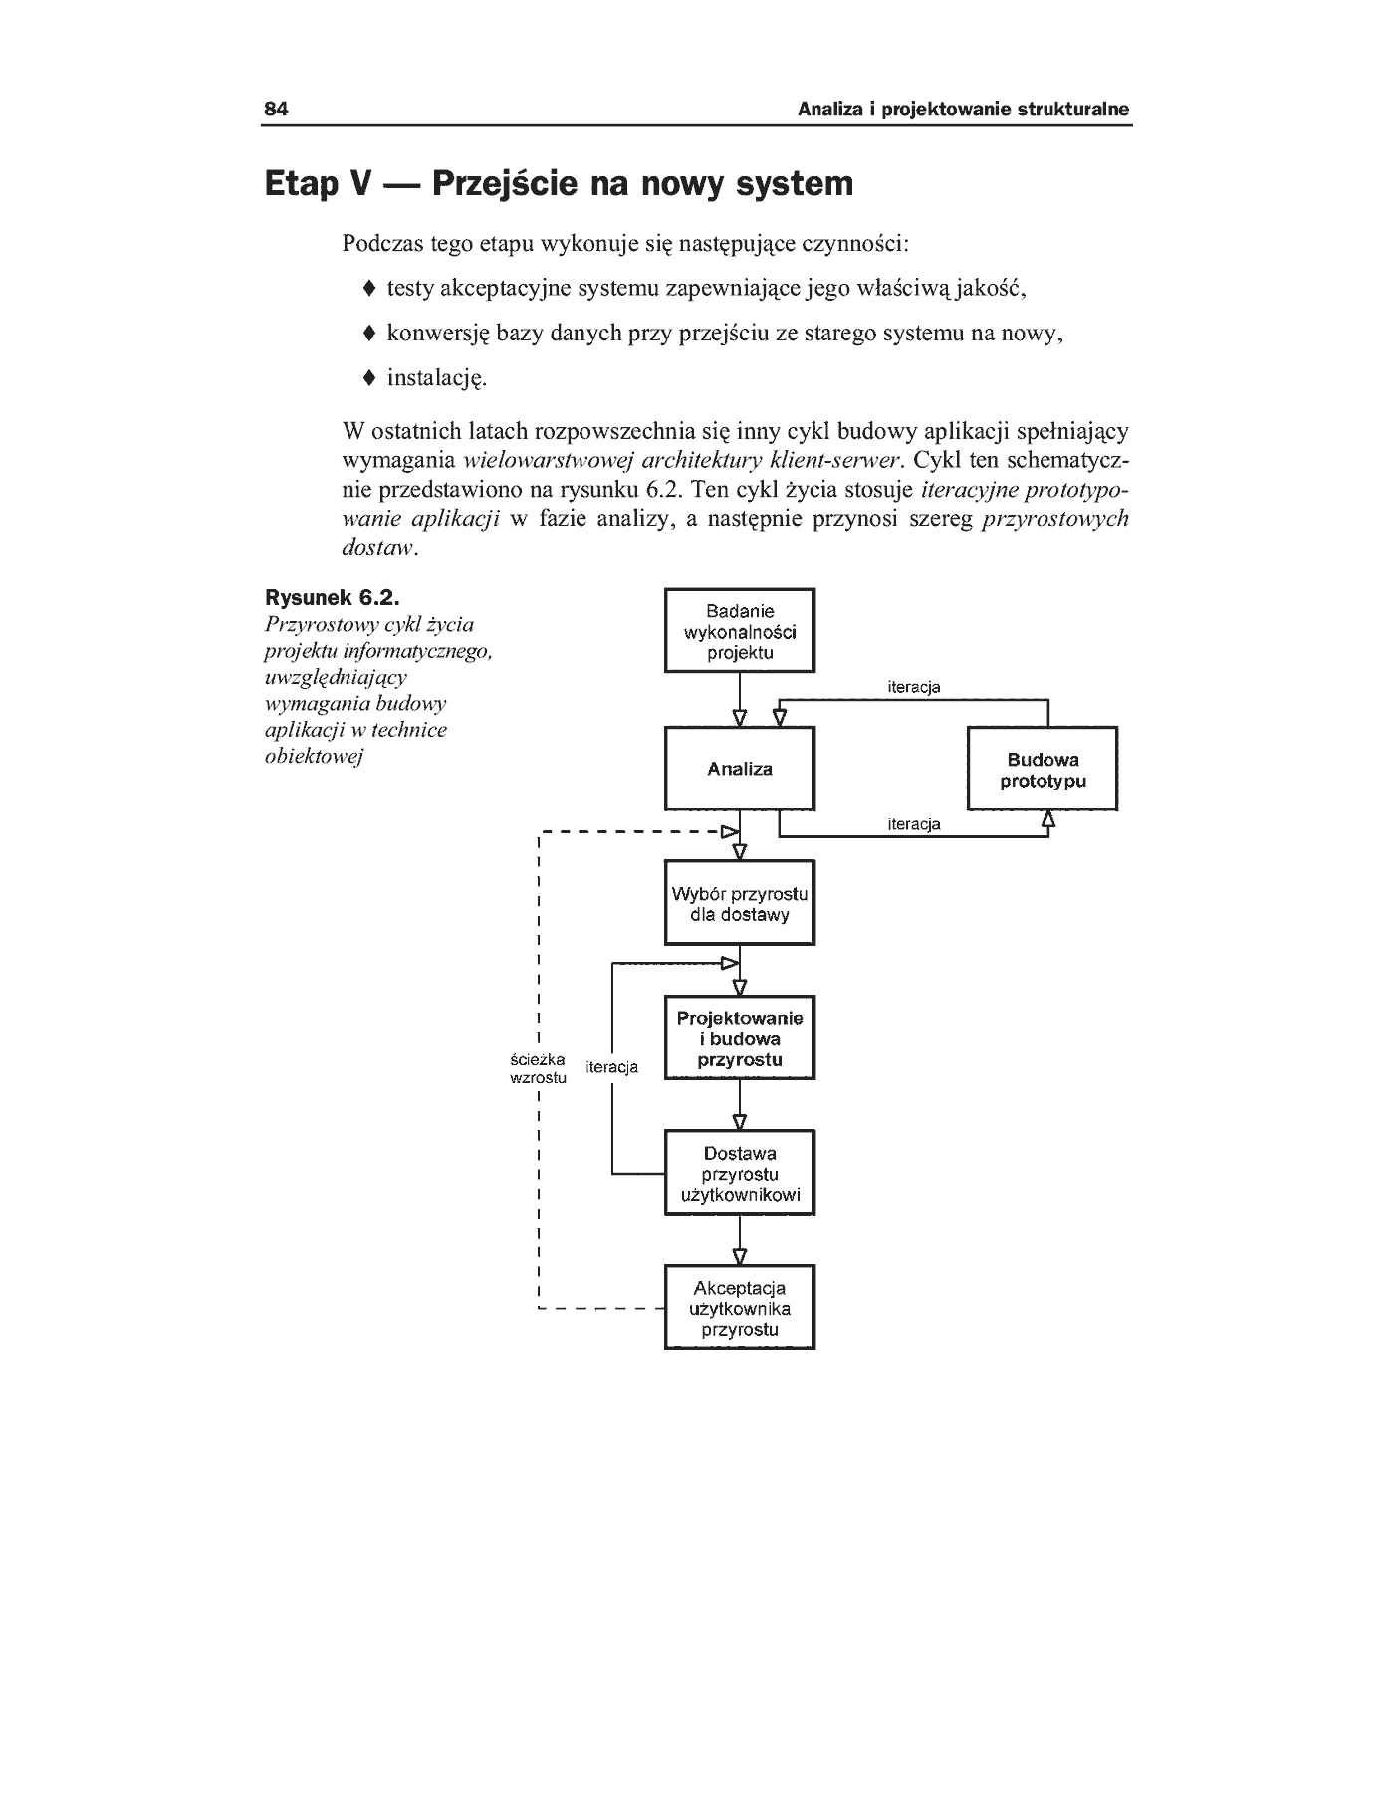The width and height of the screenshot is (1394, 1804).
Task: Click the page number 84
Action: pyautogui.click(x=276, y=110)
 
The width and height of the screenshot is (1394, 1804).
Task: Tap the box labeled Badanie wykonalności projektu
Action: pyautogui.click(x=740, y=631)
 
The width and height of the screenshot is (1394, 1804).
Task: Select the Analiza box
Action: pyautogui.click(x=740, y=769)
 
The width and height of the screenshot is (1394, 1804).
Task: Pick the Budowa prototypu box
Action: pyautogui.click(x=1043, y=769)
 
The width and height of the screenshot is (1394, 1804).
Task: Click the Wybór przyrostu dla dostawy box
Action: pyautogui.click(x=740, y=903)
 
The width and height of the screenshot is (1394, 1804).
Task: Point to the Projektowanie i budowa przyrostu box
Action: pyautogui.click(x=740, y=1038)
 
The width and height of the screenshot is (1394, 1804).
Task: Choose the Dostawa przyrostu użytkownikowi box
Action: pyautogui.click(x=740, y=1173)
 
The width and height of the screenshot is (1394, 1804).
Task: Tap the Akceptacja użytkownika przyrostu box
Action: pyautogui.click(x=740, y=1308)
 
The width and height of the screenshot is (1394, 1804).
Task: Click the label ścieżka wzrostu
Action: pyautogui.click(x=538, y=1068)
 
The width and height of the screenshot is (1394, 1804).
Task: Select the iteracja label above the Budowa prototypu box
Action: pyautogui.click(x=913, y=687)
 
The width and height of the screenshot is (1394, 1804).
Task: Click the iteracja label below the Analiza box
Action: pyautogui.click(x=913, y=824)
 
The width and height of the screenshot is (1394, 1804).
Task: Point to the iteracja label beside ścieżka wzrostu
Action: pyautogui.click(x=612, y=1068)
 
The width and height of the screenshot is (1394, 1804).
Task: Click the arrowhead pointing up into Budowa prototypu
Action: pyautogui.click(x=1048, y=818)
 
